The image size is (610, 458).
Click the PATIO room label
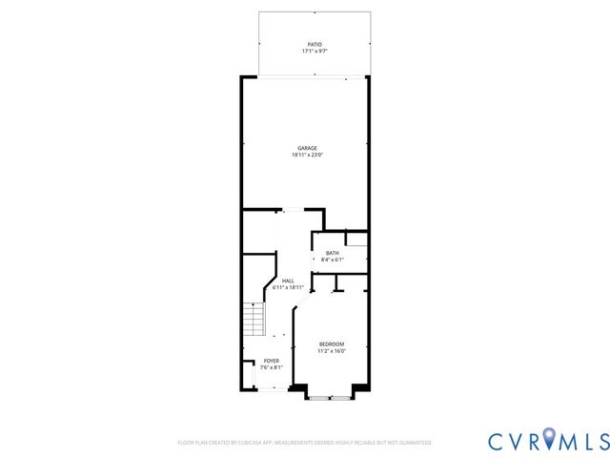pyautogui.click(x=314, y=44)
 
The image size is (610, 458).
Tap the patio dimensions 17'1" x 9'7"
pyautogui.click(x=314, y=51)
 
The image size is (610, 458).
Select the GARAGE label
pyautogui.click(x=307, y=148)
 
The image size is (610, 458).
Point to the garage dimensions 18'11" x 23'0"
pyautogui.click(x=307, y=155)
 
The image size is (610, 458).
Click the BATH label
pyautogui.click(x=332, y=253)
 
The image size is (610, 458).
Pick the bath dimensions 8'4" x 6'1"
pyautogui.click(x=332, y=260)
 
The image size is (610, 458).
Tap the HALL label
pyautogui.click(x=287, y=280)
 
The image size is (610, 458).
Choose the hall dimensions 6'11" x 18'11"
pyautogui.click(x=287, y=286)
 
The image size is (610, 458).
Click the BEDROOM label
pyautogui.click(x=332, y=343)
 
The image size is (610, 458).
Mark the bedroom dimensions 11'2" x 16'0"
pyautogui.click(x=332, y=350)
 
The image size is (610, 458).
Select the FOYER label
pyautogui.click(x=272, y=361)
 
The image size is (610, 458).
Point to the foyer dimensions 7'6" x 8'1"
pyautogui.click(x=272, y=367)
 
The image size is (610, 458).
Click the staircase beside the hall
pyautogui.click(x=253, y=319)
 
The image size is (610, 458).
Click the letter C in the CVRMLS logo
pyautogui.click(x=498, y=441)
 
